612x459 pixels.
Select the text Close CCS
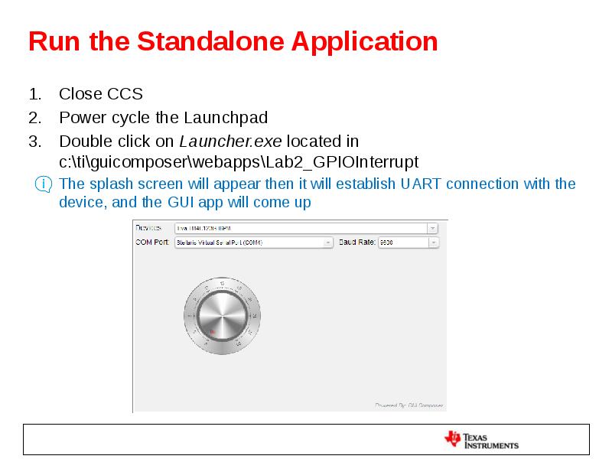tap(101, 94)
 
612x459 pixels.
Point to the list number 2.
tap(34, 118)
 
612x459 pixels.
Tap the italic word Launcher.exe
tap(230, 142)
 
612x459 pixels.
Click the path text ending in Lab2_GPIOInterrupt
tap(239, 162)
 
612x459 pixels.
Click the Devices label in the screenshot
tap(148, 228)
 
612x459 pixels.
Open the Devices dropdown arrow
tap(432, 228)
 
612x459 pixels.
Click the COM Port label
tap(152, 242)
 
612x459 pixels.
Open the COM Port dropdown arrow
tap(328, 243)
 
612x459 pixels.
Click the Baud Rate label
tap(356, 242)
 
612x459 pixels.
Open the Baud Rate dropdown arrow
tap(433, 243)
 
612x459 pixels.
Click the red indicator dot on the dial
tap(212, 331)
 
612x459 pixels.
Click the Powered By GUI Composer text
tap(409, 405)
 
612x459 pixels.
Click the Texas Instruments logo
tap(481, 440)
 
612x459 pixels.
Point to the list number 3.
tap(34, 142)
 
